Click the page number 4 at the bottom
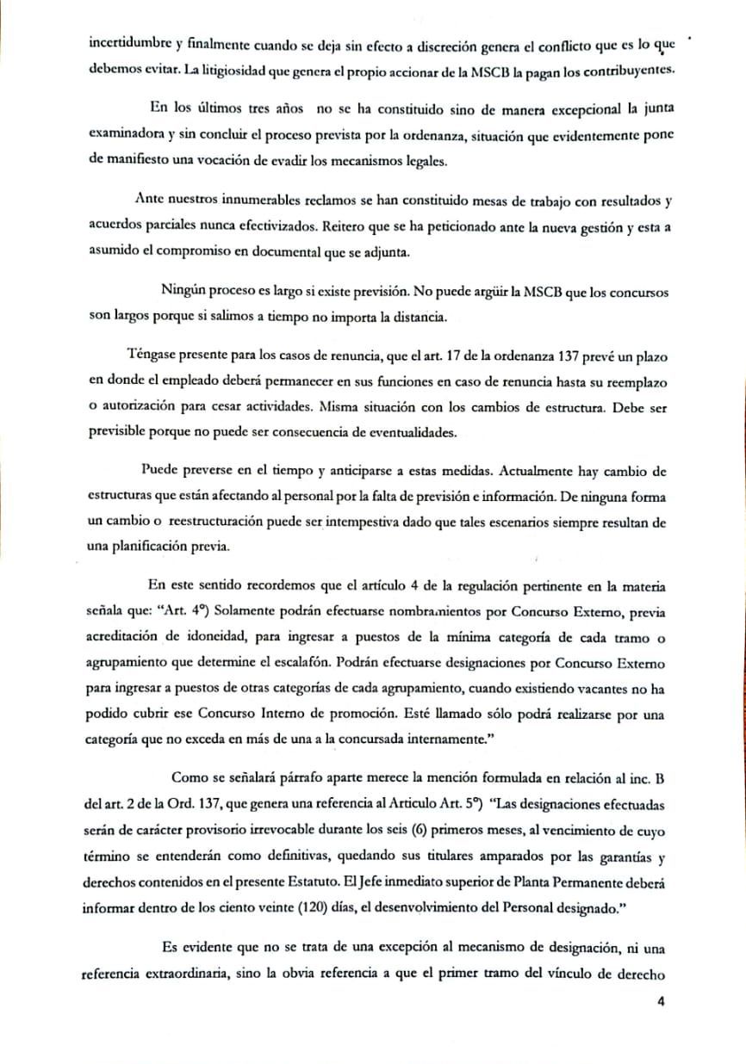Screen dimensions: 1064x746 661,1001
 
